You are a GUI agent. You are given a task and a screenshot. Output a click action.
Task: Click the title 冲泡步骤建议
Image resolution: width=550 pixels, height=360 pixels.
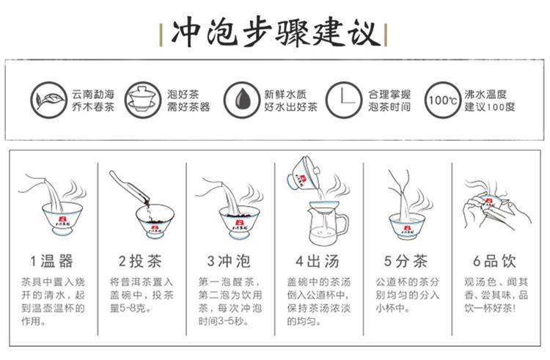[x=276, y=34]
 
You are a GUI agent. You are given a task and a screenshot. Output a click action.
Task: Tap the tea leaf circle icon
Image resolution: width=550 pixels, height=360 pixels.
[x=48, y=100]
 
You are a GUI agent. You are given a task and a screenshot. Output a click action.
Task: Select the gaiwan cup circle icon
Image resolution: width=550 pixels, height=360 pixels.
[x=143, y=100]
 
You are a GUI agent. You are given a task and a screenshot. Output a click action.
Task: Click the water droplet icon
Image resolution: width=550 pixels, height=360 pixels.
[x=241, y=100]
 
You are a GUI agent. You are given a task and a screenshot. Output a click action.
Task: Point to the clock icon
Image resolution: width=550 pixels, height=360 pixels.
[x=343, y=100]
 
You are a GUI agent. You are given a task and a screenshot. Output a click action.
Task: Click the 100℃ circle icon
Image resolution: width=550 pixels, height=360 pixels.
[x=442, y=100]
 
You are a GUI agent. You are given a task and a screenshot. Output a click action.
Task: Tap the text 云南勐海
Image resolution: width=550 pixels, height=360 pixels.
[x=93, y=95]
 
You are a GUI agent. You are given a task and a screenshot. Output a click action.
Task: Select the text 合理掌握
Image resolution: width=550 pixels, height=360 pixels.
[x=389, y=95]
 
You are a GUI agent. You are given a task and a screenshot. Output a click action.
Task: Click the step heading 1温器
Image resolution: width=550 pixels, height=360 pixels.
[x=51, y=261]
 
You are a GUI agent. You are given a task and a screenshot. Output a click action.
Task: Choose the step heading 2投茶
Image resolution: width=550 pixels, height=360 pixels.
[x=140, y=261]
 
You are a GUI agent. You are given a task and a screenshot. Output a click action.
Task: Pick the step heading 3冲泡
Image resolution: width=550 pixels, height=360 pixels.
[x=229, y=261]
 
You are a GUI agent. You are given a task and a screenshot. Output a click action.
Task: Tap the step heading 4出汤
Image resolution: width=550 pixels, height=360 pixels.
[x=318, y=261]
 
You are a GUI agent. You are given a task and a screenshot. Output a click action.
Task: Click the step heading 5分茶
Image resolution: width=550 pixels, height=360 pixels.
[x=406, y=261]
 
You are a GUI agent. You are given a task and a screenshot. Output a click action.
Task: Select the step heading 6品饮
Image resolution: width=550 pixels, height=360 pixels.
[x=494, y=261]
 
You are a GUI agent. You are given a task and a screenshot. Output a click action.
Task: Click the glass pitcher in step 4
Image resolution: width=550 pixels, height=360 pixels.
[x=328, y=224]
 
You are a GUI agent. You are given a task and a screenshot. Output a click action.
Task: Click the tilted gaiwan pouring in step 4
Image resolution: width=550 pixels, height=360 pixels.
[x=304, y=175]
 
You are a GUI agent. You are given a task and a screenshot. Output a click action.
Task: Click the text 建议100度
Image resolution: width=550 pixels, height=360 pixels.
[x=490, y=106]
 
